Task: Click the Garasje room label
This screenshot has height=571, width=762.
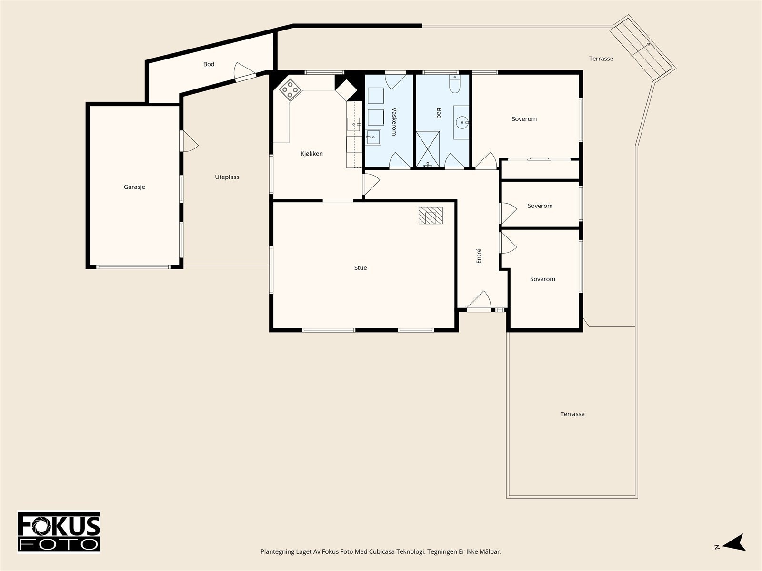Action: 134,187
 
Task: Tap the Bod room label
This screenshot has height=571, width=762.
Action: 209,64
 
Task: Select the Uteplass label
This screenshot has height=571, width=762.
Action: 227,177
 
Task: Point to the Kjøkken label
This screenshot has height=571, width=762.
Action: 312,154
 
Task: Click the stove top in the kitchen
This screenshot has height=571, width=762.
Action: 290,89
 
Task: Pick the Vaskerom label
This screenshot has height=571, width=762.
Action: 394,122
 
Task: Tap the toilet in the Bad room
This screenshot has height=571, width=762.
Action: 454,84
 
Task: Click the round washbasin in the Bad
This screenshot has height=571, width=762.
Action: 462,122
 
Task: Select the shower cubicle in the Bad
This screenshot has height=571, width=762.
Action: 428,149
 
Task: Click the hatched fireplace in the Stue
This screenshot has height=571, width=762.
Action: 431,215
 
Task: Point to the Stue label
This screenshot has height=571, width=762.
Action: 361,267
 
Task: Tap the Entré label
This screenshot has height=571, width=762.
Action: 479,256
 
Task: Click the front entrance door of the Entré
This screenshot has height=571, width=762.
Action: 479,301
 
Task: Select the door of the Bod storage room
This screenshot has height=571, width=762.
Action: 244,72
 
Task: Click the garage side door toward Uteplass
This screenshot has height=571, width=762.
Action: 189,141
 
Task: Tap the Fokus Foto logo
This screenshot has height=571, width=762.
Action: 59,532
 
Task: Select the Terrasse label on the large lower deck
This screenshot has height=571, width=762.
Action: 572,414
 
